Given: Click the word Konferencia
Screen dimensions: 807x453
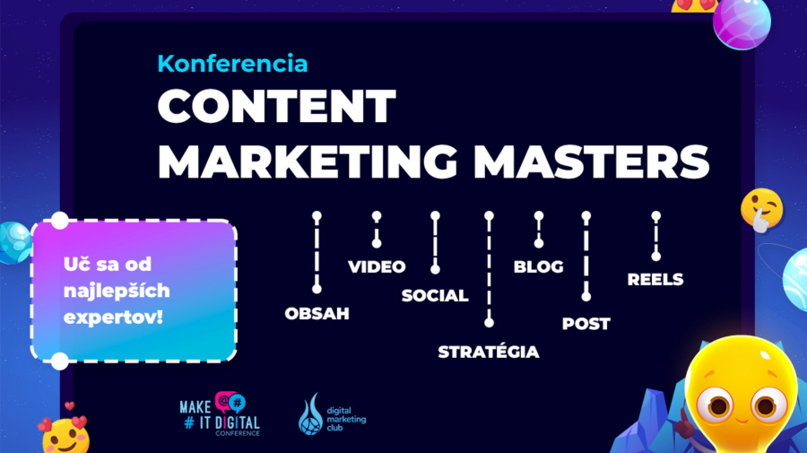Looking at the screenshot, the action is click(x=232, y=64).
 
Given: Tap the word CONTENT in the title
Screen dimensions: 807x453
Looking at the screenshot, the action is click(x=277, y=106).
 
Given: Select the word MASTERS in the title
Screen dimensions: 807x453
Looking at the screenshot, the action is click(x=592, y=161).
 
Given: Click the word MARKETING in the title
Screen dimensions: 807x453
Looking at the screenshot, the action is click(x=308, y=161).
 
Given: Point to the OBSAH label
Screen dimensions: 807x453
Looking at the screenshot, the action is click(x=317, y=313).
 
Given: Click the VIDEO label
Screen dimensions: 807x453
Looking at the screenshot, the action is click(x=377, y=266).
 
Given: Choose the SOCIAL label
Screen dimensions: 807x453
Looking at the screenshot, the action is click(x=435, y=295).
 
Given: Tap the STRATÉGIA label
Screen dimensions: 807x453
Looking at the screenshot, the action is click(x=489, y=352).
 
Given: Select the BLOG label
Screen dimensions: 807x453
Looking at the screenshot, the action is click(x=538, y=266).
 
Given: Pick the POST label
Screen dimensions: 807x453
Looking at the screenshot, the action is click(x=586, y=324).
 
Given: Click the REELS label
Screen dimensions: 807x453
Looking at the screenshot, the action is click(x=655, y=280).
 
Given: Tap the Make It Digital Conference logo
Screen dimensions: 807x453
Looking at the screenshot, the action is click(x=221, y=414).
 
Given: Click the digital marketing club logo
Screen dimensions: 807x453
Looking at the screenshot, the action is click(x=332, y=414).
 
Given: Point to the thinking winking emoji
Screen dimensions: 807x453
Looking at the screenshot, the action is click(x=762, y=210).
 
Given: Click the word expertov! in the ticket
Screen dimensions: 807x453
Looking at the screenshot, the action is click(x=113, y=318).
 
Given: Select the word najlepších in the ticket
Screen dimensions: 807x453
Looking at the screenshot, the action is click(x=117, y=291).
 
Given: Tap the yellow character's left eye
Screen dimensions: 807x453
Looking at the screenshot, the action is click(x=718, y=405).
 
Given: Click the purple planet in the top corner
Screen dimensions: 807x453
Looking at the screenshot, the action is click(x=742, y=22).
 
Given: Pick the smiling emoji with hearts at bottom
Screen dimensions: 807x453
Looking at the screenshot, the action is click(x=65, y=434).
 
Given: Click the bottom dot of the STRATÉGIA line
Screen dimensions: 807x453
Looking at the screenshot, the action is click(x=489, y=323).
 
